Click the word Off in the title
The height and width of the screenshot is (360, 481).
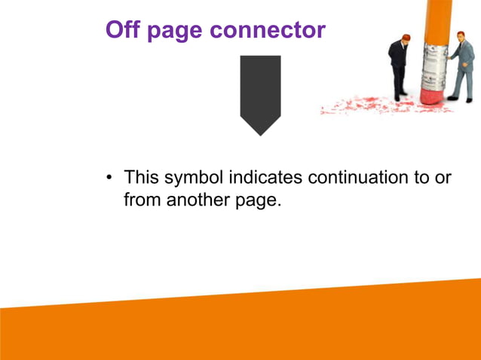tap(124, 29)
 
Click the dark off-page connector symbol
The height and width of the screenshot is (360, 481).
tap(260, 90)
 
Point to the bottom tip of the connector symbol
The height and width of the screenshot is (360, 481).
tap(260, 134)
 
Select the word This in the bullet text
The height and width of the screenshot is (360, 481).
tap(142, 178)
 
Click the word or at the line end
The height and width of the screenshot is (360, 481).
tap(443, 178)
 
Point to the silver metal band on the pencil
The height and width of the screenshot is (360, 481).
tap(435, 64)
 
